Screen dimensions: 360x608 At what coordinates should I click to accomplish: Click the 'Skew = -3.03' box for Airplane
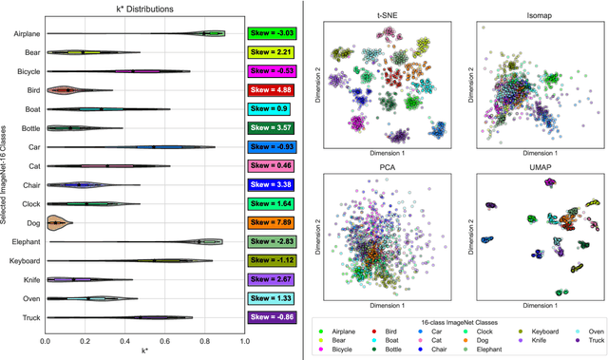tap(273, 33)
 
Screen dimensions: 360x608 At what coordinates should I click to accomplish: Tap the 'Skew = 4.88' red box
tap(273, 90)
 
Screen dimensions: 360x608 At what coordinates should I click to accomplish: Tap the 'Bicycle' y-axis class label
tap(27, 71)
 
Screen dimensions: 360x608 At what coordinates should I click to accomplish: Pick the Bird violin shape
tap(65, 90)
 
